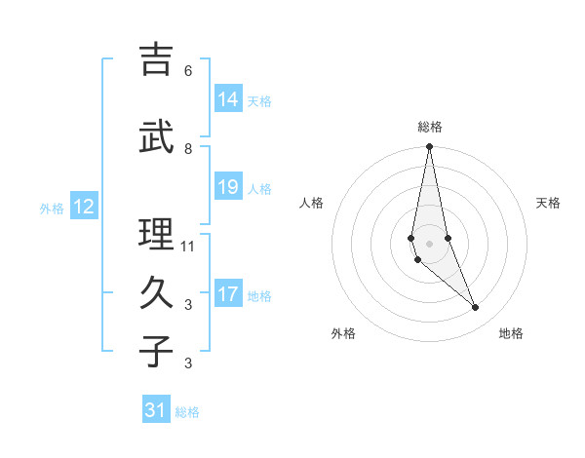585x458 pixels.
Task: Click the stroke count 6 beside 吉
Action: point(188,71)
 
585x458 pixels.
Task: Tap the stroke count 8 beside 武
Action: point(188,149)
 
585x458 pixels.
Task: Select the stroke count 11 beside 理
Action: point(189,247)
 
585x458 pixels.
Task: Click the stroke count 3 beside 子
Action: point(188,363)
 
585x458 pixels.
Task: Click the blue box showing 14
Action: point(228,99)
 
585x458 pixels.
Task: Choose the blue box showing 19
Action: point(228,187)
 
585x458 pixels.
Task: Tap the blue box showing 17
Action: point(228,294)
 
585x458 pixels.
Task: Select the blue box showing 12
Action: point(83,207)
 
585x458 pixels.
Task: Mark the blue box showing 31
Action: point(156,411)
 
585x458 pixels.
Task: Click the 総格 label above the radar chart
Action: point(429,127)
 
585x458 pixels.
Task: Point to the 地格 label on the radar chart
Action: point(511,333)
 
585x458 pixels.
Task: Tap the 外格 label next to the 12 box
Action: point(52,208)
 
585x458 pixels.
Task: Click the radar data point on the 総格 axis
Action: point(429,147)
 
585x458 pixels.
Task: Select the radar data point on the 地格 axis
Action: point(476,308)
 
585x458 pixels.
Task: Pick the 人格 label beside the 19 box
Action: point(259,189)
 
